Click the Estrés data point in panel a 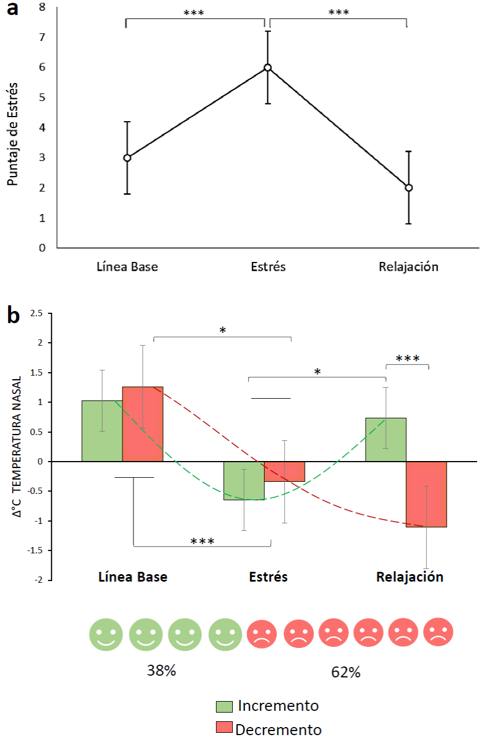pyautogui.click(x=268, y=68)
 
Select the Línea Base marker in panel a pyautogui.click(x=127, y=158)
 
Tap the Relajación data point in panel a pyautogui.click(x=408, y=188)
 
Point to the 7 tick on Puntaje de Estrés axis pyautogui.click(x=42, y=38)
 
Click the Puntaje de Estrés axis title pyautogui.click(x=13, y=134)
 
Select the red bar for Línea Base pyautogui.click(x=143, y=424)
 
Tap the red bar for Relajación pyautogui.click(x=426, y=494)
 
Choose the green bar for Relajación pyautogui.click(x=386, y=440)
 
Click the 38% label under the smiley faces pyautogui.click(x=162, y=672)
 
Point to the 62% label pyautogui.click(x=346, y=672)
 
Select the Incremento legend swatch pyautogui.click(x=224, y=707)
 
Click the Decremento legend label pyautogui.click(x=278, y=729)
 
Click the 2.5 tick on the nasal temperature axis pyautogui.click(x=37, y=313)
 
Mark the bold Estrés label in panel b pyautogui.click(x=268, y=577)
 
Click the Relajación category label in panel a pyautogui.click(x=408, y=267)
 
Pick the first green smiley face pyautogui.click(x=106, y=634)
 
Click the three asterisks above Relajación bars pyautogui.click(x=407, y=359)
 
